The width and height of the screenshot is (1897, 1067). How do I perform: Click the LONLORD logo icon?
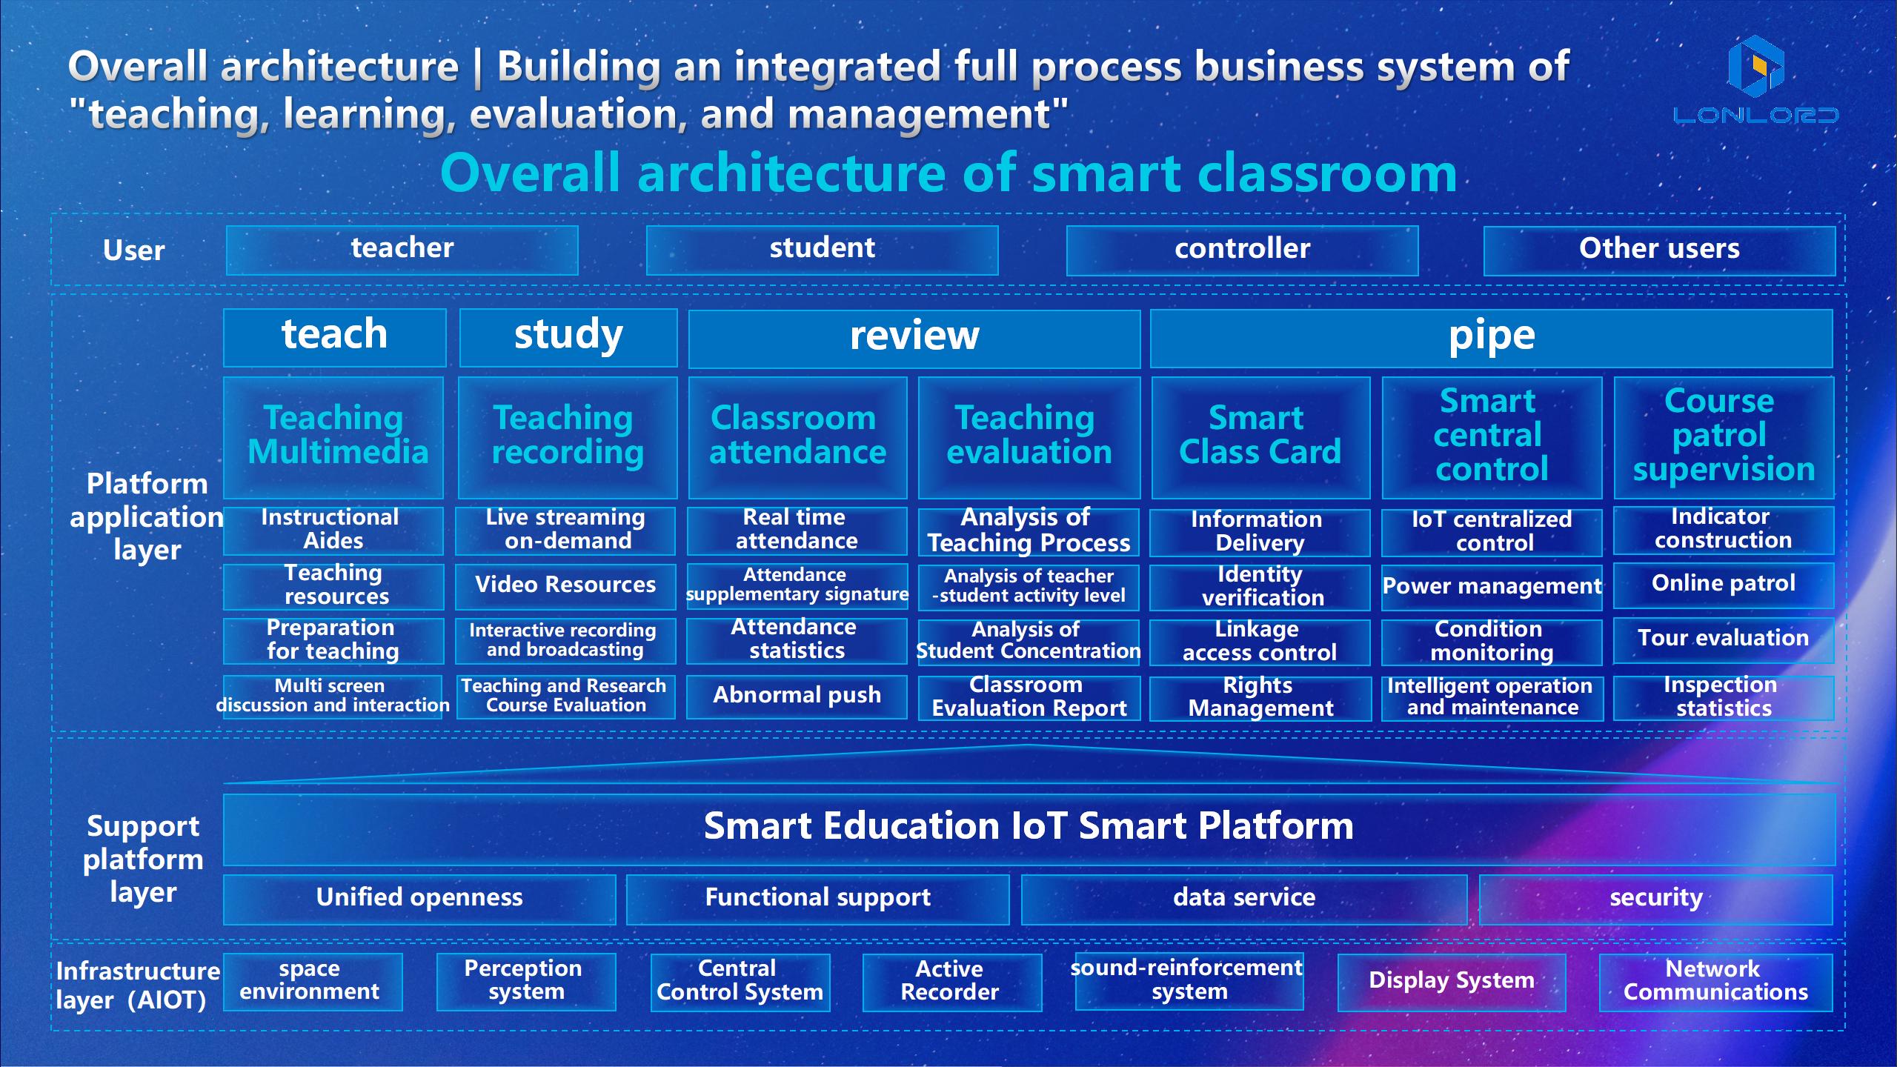1755,66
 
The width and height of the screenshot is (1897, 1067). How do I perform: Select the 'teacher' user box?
402,250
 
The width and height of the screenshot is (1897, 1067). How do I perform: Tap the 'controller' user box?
1242,250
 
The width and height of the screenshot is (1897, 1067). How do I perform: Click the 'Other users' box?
1659,250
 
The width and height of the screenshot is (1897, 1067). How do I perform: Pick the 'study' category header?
568,338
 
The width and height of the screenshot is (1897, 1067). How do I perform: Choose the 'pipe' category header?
1492,338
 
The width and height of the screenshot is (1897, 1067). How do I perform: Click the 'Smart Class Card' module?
1260,437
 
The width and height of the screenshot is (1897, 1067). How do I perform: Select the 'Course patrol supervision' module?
1724,437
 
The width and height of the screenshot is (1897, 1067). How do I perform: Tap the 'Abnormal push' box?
797,697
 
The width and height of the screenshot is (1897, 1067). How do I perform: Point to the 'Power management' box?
1492,587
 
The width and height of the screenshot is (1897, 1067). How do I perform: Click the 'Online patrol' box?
1724,585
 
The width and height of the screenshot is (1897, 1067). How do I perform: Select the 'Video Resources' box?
565,586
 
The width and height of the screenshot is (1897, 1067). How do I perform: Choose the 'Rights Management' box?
1260,697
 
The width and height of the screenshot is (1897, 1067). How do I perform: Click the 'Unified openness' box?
419,900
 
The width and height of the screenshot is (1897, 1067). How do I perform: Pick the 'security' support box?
1656,900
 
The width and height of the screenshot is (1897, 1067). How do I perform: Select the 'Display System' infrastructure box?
1452,983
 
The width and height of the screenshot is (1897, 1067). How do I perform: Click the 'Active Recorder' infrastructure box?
952,983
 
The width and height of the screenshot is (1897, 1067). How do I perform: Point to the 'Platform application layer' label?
147,517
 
